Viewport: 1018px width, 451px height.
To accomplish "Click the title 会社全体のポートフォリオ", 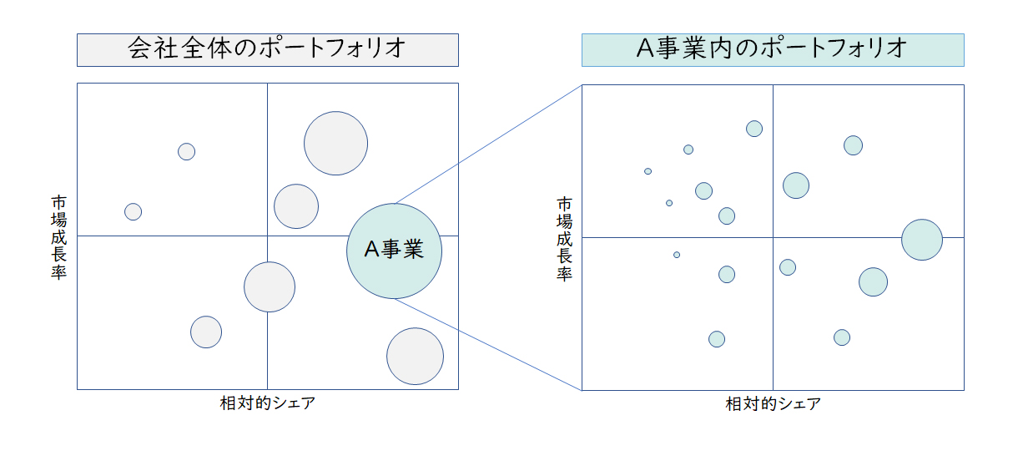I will pyautogui.click(x=267, y=49).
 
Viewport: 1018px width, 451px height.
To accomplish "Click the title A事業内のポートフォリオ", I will pyautogui.click(x=772, y=49).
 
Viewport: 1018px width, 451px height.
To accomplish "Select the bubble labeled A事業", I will pyautogui.click(x=394, y=250).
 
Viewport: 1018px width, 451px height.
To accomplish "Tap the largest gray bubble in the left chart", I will pyautogui.click(x=335, y=143).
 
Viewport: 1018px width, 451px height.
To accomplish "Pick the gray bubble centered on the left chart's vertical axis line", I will pyautogui.click(x=269, y=286).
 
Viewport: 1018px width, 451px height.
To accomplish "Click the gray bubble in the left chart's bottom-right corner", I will pyautogui.click(x=415, y=357).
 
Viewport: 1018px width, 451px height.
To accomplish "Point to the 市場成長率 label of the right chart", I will pyautogui.click(x=565, y=239).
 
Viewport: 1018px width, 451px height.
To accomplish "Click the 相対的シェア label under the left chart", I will pyautogui.click(x=267, y=403).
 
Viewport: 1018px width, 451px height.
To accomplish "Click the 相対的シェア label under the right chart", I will pyautogui.click(x=773, y=404).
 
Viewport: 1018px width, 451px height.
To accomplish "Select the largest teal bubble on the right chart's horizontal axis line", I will pyautogui.click(x=921, y=240).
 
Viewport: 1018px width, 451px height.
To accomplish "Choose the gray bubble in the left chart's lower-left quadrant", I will pyautogui.click(x=206, y=332).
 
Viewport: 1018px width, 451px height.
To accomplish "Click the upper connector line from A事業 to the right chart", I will pyautogui.click(x=488, y=144).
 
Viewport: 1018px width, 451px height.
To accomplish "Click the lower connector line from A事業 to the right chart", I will pyautogui.click(x=488, y=345).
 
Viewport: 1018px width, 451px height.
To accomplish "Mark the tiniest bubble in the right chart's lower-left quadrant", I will pyautogui.click(x=677, y=255).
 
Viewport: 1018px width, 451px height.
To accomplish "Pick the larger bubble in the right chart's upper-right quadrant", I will pyautogui.click(x=796, y=185).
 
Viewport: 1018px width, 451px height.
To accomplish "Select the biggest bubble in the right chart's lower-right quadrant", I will pyautogui.click(x=873, y=282).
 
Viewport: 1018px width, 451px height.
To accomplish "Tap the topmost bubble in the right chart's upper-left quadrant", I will pyautogui.click(x=754, y=129).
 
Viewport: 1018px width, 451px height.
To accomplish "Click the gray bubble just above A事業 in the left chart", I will pyautogui.click(x=296, y=206).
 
